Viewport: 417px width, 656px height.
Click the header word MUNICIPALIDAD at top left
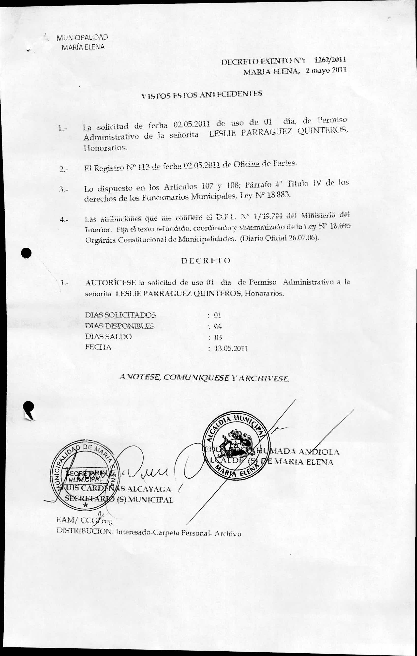[82, 37]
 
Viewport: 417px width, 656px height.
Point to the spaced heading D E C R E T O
[206, 261]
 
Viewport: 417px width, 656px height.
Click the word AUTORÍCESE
[110, 282]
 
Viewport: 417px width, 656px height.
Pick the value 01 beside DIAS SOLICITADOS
[217, 315]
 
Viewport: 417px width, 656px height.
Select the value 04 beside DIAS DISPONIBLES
[218, 326]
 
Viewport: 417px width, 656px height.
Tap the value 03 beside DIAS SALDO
[218, 338]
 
